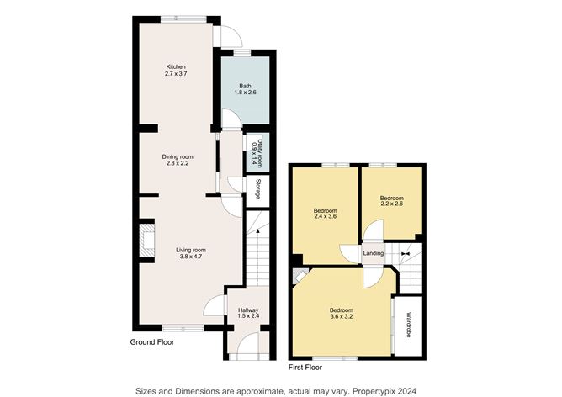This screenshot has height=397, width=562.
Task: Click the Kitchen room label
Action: pos(175,67)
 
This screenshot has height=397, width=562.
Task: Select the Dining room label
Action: pos(178,156)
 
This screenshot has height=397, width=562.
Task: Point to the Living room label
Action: pos(191,250)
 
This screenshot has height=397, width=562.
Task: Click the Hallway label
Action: pos(247,311)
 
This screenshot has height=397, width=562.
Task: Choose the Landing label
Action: pos(374,253)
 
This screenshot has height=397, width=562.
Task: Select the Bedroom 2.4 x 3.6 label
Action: pos(326,210)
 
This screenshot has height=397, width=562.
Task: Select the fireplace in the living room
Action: pos(147,239)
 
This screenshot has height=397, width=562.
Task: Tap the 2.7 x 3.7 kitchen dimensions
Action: pos(175,74)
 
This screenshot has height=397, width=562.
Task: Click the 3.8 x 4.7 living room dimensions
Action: pos(191,257)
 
